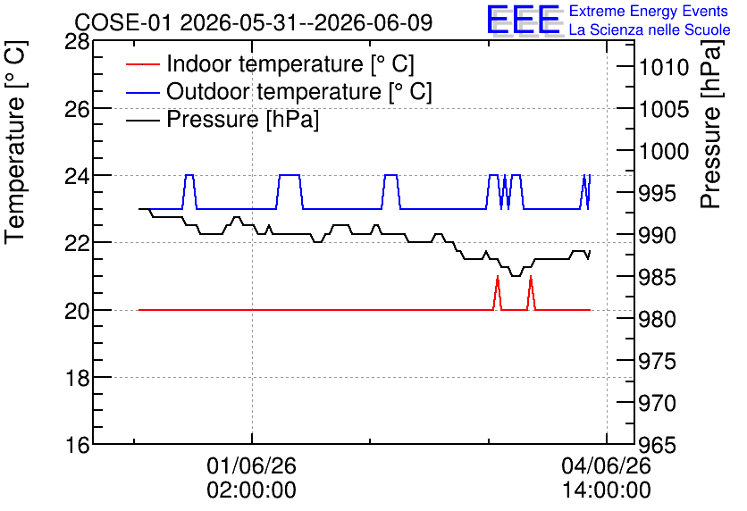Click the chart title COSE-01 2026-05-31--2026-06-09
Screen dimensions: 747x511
[254, 22]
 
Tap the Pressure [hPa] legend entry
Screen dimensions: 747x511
[242, 119]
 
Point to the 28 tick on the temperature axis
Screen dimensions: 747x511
[77, 42]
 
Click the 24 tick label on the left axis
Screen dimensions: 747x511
[77, 177]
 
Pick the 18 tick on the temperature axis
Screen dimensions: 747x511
[77, 378]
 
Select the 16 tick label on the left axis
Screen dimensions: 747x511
[77, 445]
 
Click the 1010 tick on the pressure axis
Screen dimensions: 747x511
[664, 68]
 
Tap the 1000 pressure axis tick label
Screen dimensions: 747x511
[664, 152]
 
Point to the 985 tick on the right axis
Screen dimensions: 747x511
[658, 277]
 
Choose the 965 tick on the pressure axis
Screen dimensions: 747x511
[658, 445]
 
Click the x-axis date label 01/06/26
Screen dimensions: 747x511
[252, 465]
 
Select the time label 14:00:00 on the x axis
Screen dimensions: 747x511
[607, 490]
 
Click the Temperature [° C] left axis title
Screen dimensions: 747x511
[15, 143]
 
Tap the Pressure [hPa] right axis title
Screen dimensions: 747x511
[711, 124]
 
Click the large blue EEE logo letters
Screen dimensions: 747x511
[523, 19]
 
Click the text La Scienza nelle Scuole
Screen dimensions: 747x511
[650, 29]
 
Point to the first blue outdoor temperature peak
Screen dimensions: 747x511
[189, 175]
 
